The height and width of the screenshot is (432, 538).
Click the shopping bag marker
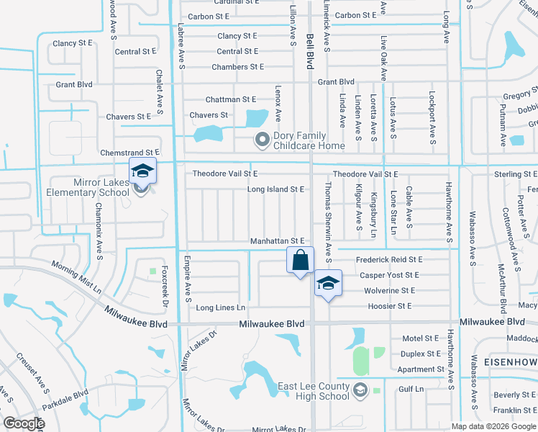point(301,260)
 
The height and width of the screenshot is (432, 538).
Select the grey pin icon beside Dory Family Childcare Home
point(263,138)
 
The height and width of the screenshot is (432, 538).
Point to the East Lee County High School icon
point(360,391)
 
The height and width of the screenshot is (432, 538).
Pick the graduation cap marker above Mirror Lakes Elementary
point(142,171)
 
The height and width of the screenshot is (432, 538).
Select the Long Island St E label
point(276,189)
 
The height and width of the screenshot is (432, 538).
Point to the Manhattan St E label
point(278,241)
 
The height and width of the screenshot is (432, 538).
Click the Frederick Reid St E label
point(389,259)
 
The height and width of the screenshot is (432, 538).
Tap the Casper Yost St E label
point(389,275)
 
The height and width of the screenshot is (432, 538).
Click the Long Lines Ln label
point(221,307)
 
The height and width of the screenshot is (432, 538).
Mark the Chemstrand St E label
point(129,153)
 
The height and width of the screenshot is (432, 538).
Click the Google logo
point(24,423)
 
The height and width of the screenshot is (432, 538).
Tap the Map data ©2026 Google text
point(493,426)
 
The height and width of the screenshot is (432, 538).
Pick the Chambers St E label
point(238,67)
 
